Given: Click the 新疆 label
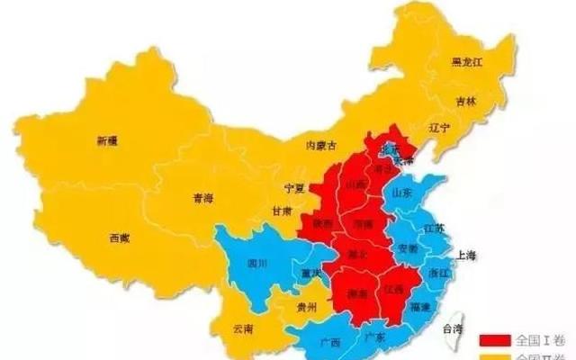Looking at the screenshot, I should (106, 140).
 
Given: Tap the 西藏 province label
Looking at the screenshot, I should (119, 238).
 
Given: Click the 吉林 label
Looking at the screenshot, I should (464, 102).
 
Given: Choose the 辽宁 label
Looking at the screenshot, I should (439, 129).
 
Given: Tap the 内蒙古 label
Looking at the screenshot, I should (321, 145).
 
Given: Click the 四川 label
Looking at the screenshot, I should (257, 264).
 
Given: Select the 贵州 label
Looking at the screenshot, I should (306, 307).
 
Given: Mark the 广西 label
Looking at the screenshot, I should (330, 343).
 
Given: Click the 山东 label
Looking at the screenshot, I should (400, 192).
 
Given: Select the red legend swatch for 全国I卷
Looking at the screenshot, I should (496, 339).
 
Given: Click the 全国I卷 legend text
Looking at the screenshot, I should (537, 339).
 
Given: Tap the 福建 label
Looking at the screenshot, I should (418, 306).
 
